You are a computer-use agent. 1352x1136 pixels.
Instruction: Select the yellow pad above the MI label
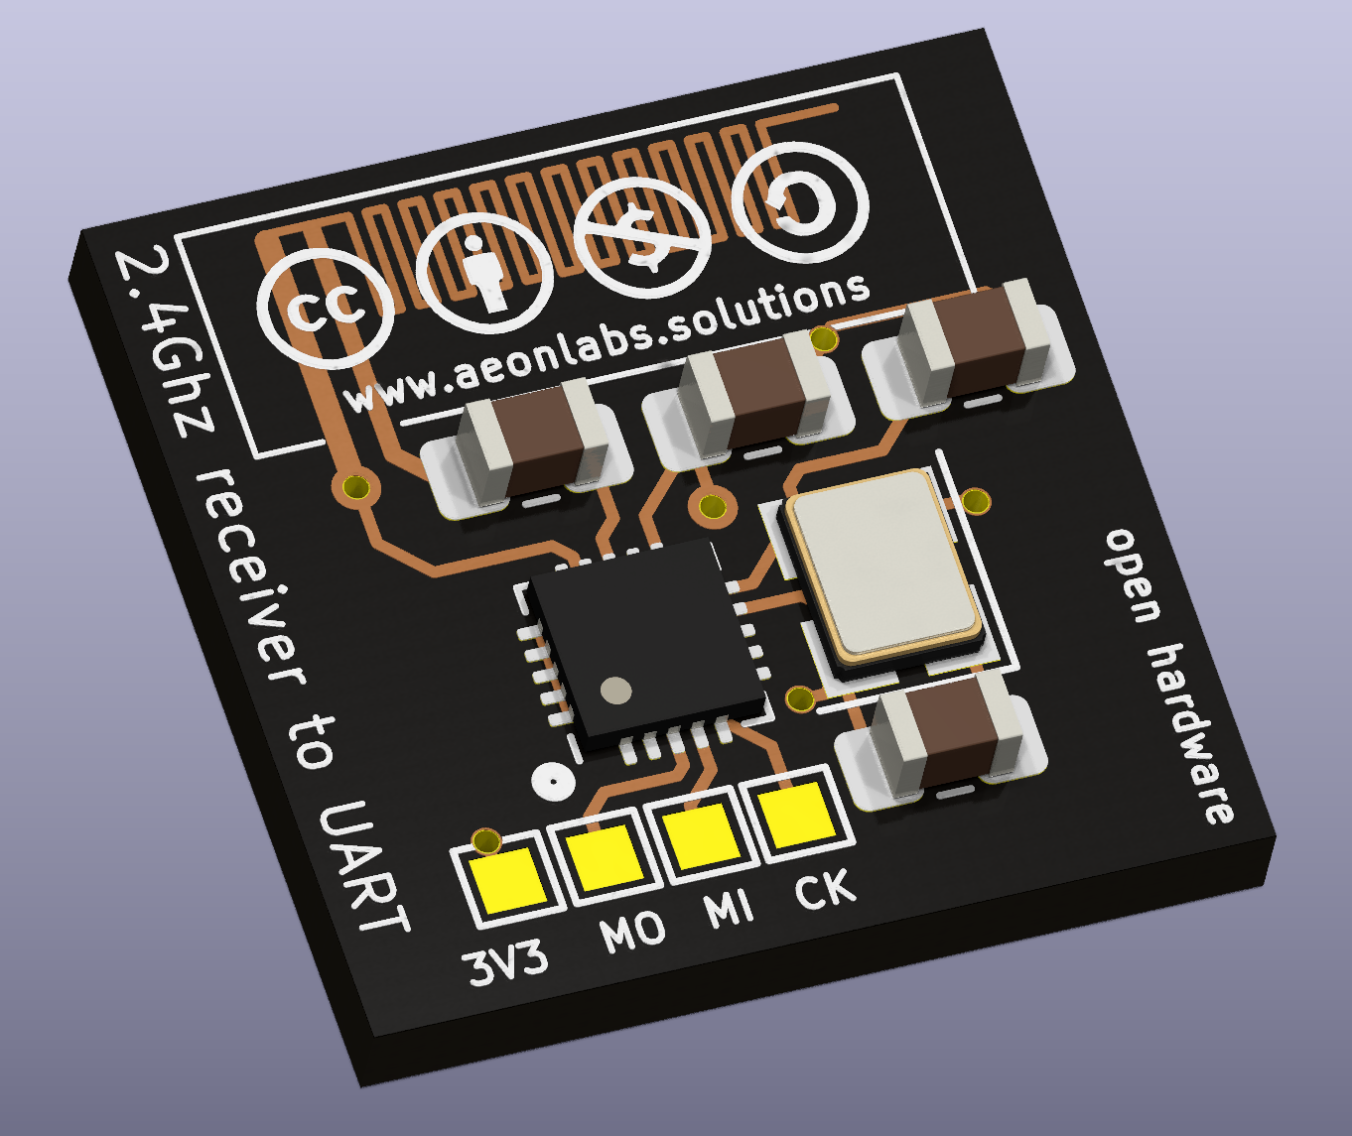(x=702, y=834)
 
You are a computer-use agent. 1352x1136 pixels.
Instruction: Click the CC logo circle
(x=325, y=310)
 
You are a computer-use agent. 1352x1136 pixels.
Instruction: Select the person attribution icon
(x=483, y=273)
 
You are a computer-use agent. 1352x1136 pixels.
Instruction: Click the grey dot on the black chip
(x=616, y=690)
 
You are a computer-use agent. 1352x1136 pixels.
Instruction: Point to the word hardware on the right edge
(x=1191, y=734)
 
